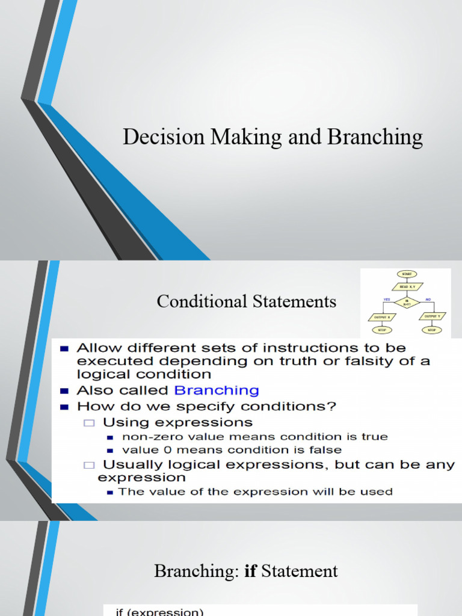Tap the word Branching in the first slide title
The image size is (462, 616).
point(375,138)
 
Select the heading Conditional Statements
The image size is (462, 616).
point(247,301)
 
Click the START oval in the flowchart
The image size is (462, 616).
point(407,273)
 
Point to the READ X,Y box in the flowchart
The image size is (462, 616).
point(407,286)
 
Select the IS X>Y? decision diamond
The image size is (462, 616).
point(407,302)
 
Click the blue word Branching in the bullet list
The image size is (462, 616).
point(217,390)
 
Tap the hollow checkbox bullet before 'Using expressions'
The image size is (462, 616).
point(90,423)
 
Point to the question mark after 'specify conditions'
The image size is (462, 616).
point(331,406)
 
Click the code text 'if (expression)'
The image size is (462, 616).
point(159,612)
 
